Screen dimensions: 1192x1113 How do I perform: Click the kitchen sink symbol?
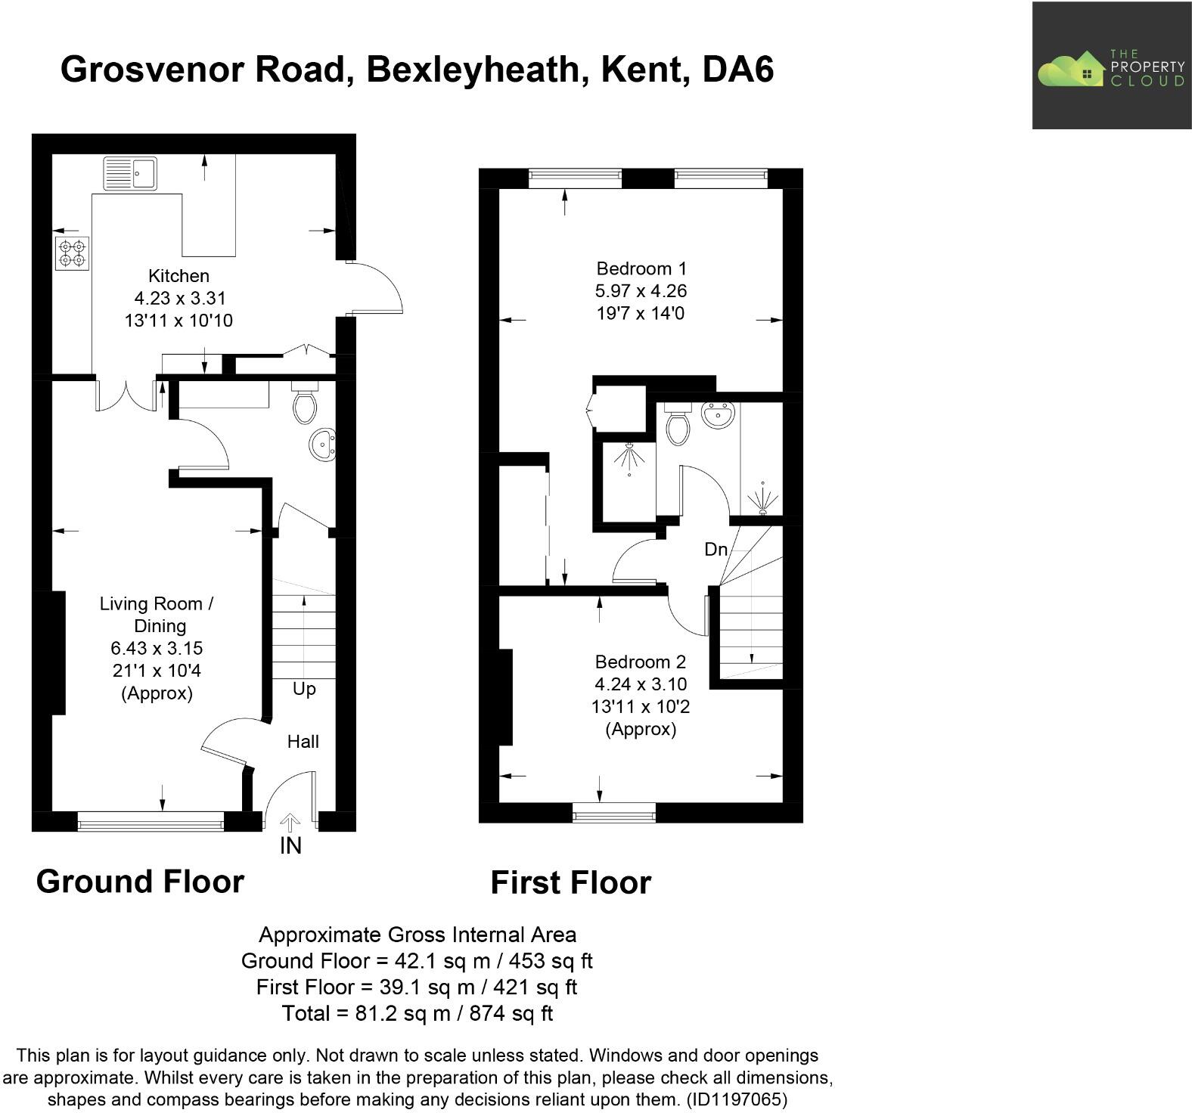[x=129, y=173]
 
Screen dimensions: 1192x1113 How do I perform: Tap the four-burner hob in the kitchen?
[x=72, y=253]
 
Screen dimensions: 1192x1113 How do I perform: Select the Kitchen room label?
[x=178, y=276]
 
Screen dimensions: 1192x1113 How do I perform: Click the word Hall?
[x=303, y=742]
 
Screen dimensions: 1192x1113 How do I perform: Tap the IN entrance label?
[x=290, y=845]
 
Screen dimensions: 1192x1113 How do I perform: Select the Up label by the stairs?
[x=304, y=690]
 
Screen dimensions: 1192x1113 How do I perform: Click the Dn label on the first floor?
[x=716, y=550]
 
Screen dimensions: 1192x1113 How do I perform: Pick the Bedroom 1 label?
[x=641, y=268]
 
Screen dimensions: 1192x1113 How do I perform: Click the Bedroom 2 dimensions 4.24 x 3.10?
[x=641, y=684]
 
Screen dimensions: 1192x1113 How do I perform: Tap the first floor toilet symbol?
[x=678, y=424]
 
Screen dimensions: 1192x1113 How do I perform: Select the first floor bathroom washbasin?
[x=718, y=414]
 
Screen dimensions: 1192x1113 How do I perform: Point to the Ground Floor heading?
[x=140, y=882]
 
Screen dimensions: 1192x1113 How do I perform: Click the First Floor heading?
[x=570, y=882]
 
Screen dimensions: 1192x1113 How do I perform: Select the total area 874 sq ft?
[x=511, y=1013]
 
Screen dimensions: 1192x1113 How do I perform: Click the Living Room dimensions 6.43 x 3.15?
[x=157, y=649]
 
